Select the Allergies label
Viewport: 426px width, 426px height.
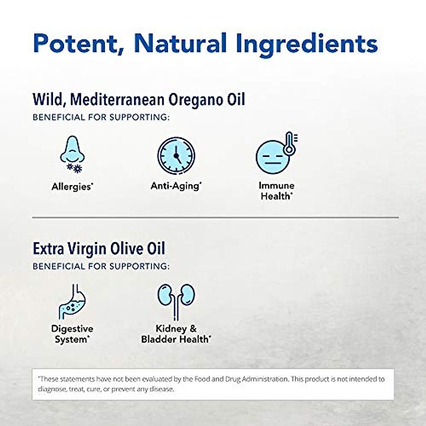(72, 187)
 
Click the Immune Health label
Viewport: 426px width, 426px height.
(277, 191)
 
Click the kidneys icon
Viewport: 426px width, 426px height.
(176, 298)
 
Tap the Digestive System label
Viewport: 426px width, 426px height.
(72, 334)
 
